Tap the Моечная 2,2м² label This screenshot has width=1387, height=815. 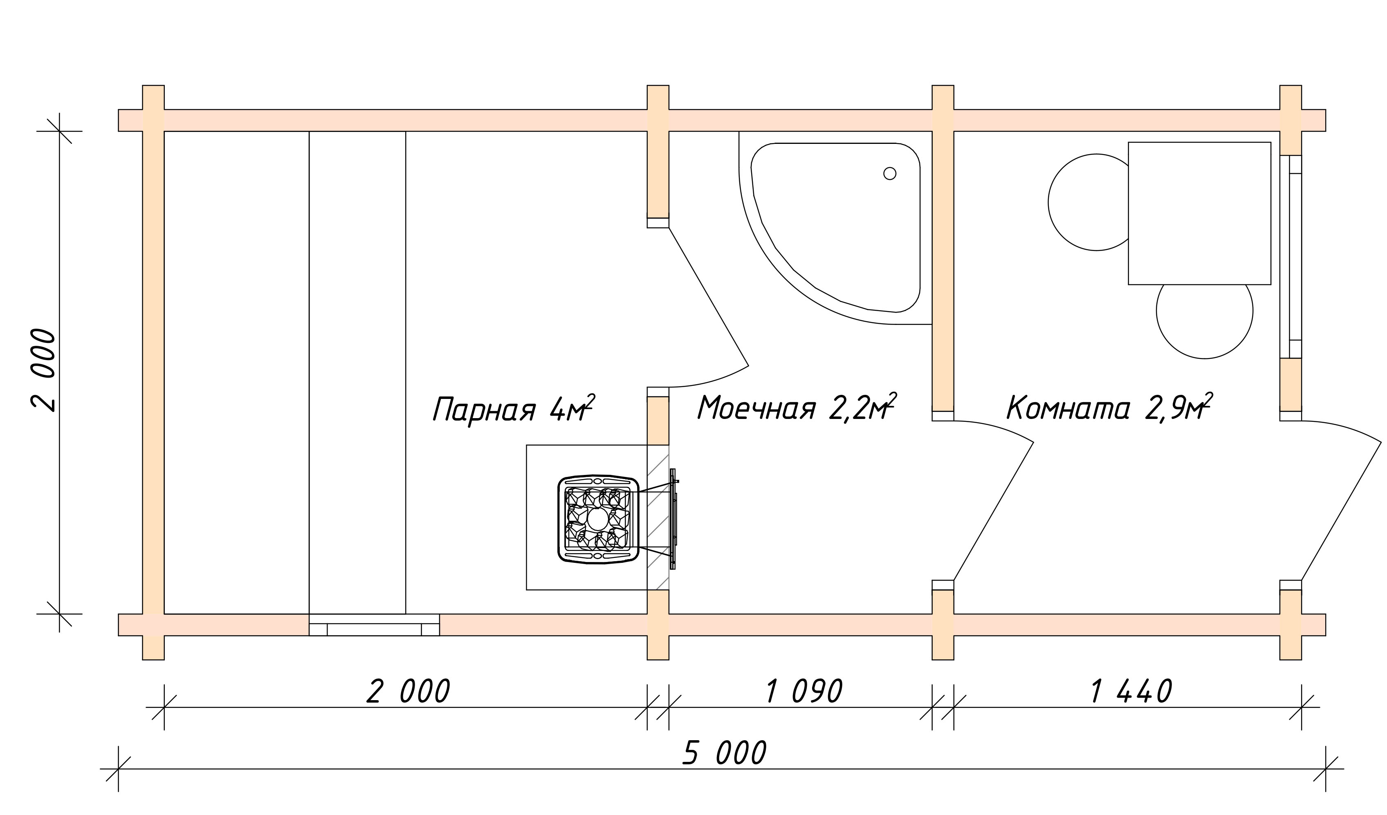click(797, 407)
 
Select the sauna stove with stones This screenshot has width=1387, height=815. click(598, 519)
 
